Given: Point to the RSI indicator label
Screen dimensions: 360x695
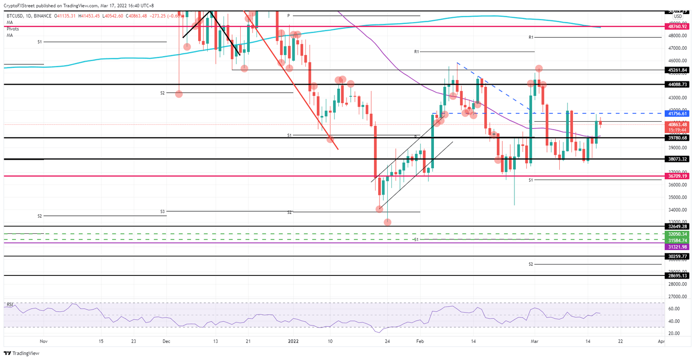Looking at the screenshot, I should point(10,304).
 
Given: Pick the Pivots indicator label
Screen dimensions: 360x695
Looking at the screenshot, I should point(13,28).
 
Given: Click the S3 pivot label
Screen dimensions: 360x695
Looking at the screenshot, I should point(162,211).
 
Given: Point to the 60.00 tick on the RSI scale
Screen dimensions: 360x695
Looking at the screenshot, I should point(674,309).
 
